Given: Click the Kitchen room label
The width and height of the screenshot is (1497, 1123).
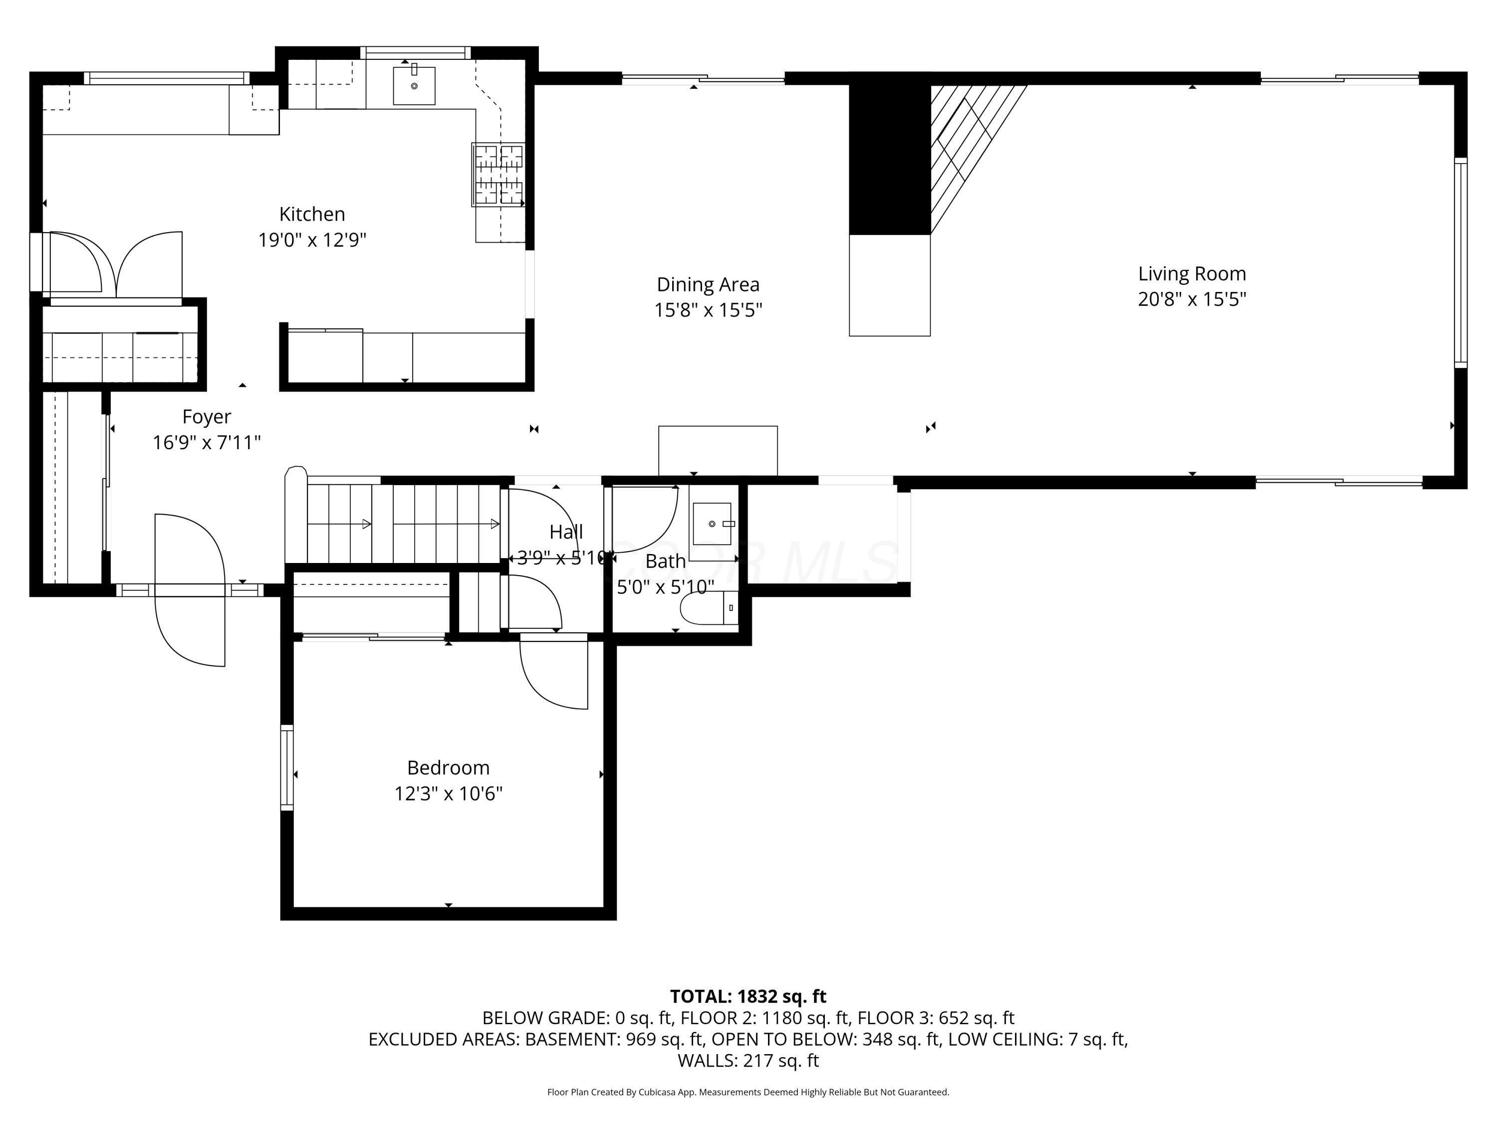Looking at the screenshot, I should coord(312,214).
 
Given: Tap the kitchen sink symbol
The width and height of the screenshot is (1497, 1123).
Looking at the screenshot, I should coord(414,86).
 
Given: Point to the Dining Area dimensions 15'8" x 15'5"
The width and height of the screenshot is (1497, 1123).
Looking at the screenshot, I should coord(708,310).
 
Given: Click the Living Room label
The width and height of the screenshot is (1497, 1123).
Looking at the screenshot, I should coord(1191,274).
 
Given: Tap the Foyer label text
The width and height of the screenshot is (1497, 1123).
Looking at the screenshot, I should coord(207,416).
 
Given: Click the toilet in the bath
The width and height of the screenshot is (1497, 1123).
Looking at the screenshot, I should coord(707,607).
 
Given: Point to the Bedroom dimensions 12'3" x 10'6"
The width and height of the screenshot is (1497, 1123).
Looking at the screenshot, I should coord(448,794).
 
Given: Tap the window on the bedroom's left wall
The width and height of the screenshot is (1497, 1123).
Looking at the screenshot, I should coord(287,767).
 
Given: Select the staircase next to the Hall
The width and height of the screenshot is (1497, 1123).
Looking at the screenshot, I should coord(403,523).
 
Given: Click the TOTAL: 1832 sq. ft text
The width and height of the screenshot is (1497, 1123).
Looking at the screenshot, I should coord(748,996).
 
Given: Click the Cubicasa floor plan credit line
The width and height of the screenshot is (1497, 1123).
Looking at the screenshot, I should coord(748,1092).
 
